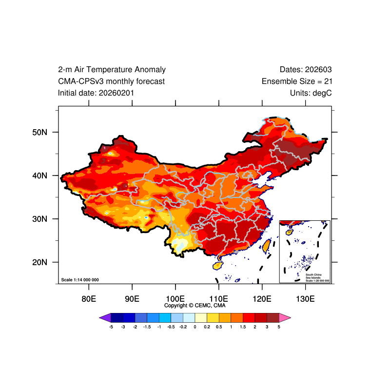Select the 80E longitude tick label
(88, 298)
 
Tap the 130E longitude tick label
(305, 298)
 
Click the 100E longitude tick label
(175, 298)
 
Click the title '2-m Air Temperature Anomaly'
(112, 70)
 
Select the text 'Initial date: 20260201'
(96, 93)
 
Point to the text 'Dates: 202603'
(306, 70)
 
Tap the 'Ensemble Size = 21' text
(297, 81)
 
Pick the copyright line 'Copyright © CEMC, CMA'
(195, 306)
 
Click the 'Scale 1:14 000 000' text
(80, 280)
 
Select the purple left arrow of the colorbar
(105, 318)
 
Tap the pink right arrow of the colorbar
(285, 318)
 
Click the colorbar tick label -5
(111, 327)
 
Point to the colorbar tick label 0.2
(207, 327)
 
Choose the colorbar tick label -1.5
(147, 327)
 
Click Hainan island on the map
(218, 266)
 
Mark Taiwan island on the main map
(266, 246)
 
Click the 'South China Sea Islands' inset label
(317, 276)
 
